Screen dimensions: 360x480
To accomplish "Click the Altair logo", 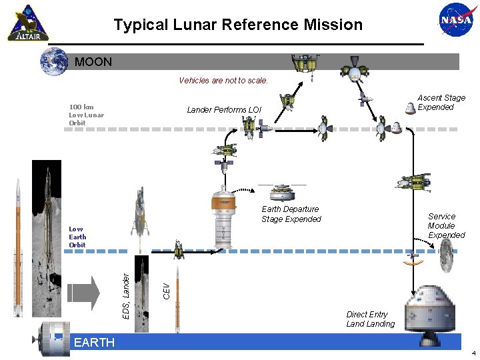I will (x=29, y=24).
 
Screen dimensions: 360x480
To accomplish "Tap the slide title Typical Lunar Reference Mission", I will (x=238, y=25).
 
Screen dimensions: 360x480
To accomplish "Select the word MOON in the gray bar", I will (x=93, y=62).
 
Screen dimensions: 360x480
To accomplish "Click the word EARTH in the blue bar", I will (x=94, y=343).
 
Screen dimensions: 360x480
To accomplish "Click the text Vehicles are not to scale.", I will (x=223, y=81).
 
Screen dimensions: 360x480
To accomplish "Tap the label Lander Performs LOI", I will (x=224, y=109).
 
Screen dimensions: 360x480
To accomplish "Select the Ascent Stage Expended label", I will (x=441, y=103).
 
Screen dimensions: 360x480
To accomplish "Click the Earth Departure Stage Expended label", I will (x=291, y=214).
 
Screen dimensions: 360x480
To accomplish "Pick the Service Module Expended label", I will (x=446, y=226).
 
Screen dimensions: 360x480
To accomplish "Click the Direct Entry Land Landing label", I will (x=370, y=319).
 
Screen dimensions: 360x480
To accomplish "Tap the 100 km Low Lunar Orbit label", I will (x=86, y=114).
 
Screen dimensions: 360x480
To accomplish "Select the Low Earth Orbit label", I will (x=77, y=237).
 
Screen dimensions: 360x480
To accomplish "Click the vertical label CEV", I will (x=167, y=290).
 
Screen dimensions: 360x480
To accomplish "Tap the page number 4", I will (x=473, y=353).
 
